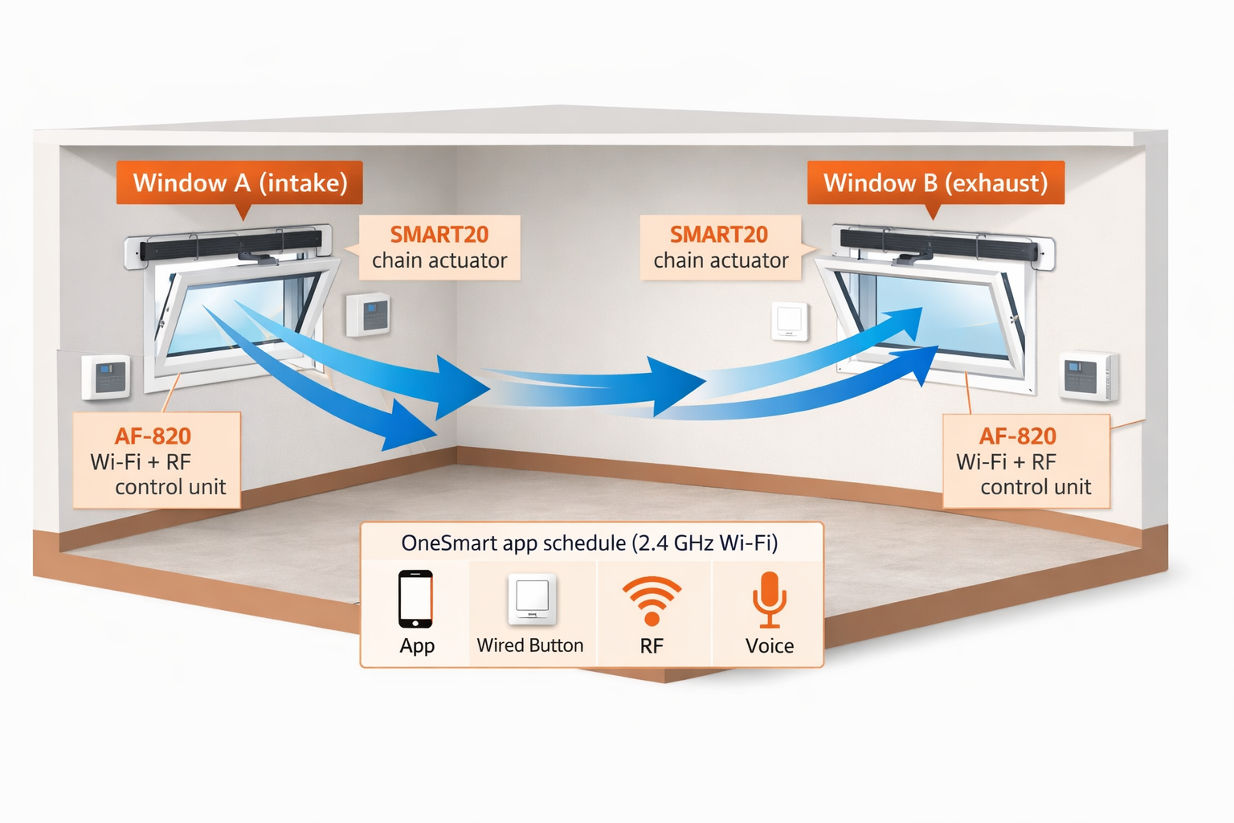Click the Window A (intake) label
pyautogui.click(x=239, y=182)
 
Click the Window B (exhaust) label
pyautogui.click(x=935, y=182)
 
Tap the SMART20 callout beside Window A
pyautogui.click(x=439, y=247)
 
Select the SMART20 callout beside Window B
pyautogui.click(x=721, y=247)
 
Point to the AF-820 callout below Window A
pyautogui.click(x=157, y=461)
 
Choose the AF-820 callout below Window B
pyautogui.click(x=1025, y=461)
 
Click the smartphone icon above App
pyautogui.click(x=415, y=599)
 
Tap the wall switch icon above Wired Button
pyautogui.click(x=532, y=599)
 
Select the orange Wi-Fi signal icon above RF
pyautogui.click(x=652, y=600)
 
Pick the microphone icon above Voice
pyautogui.click(x=769, y=599)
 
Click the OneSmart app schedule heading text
pyautogui.click(x=590, y=543)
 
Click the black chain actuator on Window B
pyautogui.click(x=938, y=244)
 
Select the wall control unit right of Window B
pyautogui.click(x=1087, y=375)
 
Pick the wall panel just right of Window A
pyautogui.click(x=369, y=314)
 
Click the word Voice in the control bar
pyautogui.click(x=769, y=645)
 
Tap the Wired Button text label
pyautogui.click(x=530, y=645)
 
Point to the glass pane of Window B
pyautogui.click(x=940, y=313)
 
